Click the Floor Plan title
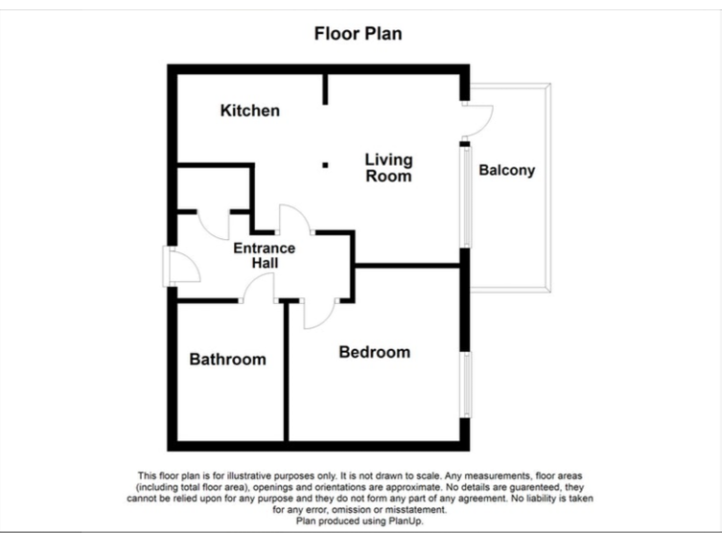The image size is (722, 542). (357, 34)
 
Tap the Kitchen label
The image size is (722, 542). (250, 111)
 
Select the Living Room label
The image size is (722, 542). (388, 167)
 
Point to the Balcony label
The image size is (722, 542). (507, 170)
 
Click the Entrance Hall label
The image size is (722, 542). (264, 256)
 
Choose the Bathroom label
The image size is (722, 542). (228, 359)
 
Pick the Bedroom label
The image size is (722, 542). (374, 352)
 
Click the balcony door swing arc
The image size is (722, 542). (479, 119)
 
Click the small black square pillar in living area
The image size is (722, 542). (325, 165)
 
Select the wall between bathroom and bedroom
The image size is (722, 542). (285, 372)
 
